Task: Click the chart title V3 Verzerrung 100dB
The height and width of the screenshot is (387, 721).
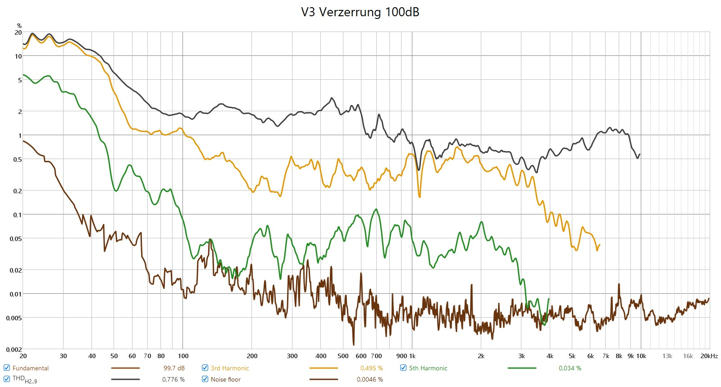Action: [360, 12]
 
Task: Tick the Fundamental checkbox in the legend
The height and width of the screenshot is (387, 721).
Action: [7, 368]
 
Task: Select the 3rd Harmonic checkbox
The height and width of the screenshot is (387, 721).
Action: [205, 368]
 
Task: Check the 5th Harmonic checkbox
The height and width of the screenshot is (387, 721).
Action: [403, 368]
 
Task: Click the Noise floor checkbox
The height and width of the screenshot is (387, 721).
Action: [205, 379]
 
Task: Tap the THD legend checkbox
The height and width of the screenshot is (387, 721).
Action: [7, 379]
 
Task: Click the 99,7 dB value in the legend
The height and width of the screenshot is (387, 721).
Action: [174, 368]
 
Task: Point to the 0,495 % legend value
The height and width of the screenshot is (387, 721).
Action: [371, 368]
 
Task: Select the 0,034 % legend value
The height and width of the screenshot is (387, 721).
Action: [570, 368]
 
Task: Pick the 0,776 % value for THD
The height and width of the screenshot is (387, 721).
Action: [173, 379]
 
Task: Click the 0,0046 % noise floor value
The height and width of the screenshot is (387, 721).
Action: [370, 379]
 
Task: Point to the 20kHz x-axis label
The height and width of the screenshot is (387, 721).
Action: [709, 356]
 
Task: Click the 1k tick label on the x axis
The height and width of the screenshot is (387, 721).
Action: [412, 356]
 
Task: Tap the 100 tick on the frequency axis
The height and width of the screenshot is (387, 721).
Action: [183, 356]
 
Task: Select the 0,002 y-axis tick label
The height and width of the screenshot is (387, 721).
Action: [14, 350]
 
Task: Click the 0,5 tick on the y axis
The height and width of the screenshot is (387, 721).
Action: [17, 159]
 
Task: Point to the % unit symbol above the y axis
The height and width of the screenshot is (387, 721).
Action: [19, 26]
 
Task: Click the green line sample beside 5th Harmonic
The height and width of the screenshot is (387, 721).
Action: [522, 368]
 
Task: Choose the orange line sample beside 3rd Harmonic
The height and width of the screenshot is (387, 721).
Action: [324, 368]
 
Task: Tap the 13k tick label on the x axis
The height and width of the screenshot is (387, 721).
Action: [667, 356]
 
